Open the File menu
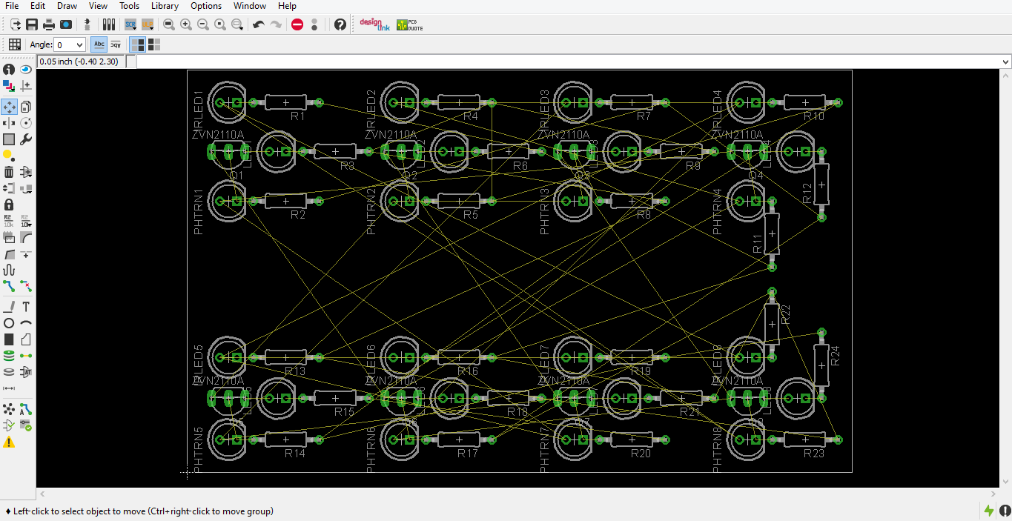click(12, 6)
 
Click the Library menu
click(165, 6)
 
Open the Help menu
click(287, 6)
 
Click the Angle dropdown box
click(70, 45)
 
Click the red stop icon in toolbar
click(297, 24)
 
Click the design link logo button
click(374, 24)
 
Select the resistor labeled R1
click(285, 102)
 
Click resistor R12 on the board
click(821, 184)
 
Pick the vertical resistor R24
click(821, 365)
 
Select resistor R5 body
click(458, 201)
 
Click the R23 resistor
click(804, 439)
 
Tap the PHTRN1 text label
click(199, 213)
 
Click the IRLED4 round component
click(747, 102)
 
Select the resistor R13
click(285, 357)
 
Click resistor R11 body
click(772, 233)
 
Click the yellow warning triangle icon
click(9, 442)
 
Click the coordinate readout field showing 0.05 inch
click(79, 62)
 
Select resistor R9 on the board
click(681, 152)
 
